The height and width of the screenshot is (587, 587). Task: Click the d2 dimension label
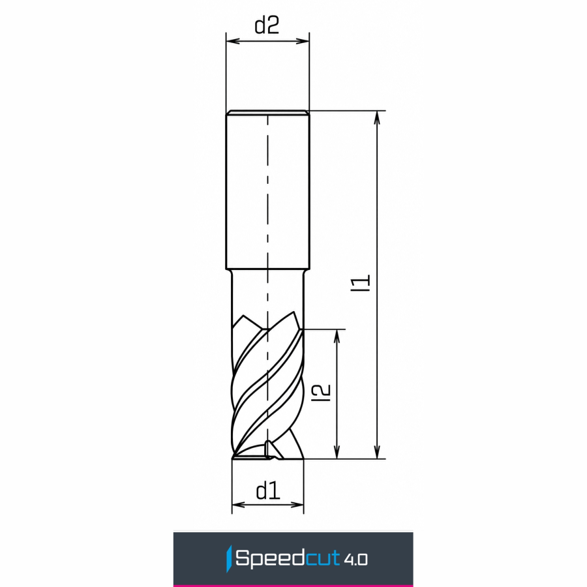pyautogui.click(x=267, y=25)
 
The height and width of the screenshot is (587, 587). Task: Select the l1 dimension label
pyautogui.click(x=363, y=283)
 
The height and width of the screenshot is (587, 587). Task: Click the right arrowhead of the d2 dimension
pyautogui.click(x=303, y=41)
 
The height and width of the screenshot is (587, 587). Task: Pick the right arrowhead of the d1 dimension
pyautogui.click(x=297, y=505)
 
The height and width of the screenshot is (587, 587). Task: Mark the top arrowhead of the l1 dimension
pyautogui.click(x=377, y=117)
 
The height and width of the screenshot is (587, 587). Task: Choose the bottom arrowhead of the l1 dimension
pyautogui.click(x=377, y=452)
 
